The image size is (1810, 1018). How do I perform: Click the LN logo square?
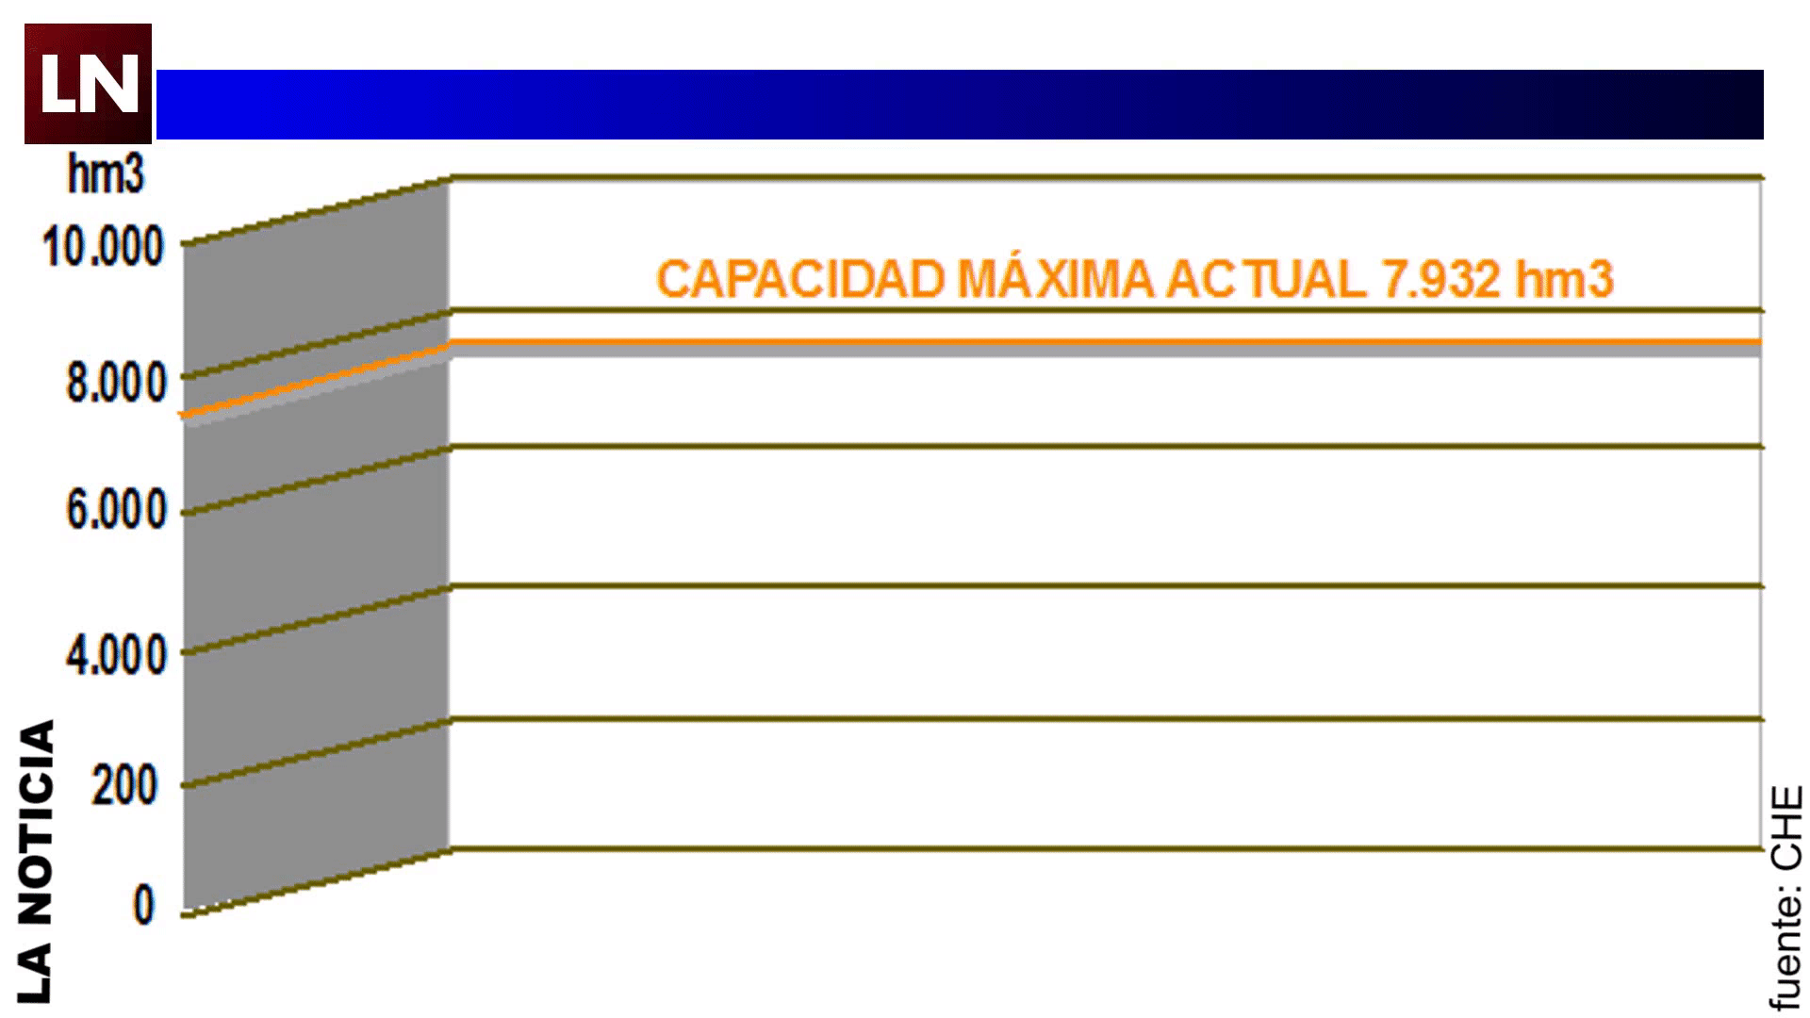88,84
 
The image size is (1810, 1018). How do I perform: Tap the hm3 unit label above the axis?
106,174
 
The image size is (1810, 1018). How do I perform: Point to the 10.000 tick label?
104,247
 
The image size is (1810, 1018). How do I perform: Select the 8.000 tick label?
116,384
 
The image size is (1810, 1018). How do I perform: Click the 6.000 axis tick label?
116,510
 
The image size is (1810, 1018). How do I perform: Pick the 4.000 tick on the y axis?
116,654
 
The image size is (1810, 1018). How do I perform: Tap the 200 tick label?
123,785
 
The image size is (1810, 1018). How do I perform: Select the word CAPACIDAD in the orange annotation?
800,280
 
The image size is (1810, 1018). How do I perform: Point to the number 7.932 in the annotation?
1440,280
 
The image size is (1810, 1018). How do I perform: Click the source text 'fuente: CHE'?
1785,897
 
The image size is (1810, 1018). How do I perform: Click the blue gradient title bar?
959,105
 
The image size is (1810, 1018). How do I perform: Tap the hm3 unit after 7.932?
1564,280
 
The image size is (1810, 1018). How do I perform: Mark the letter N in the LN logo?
115,85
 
